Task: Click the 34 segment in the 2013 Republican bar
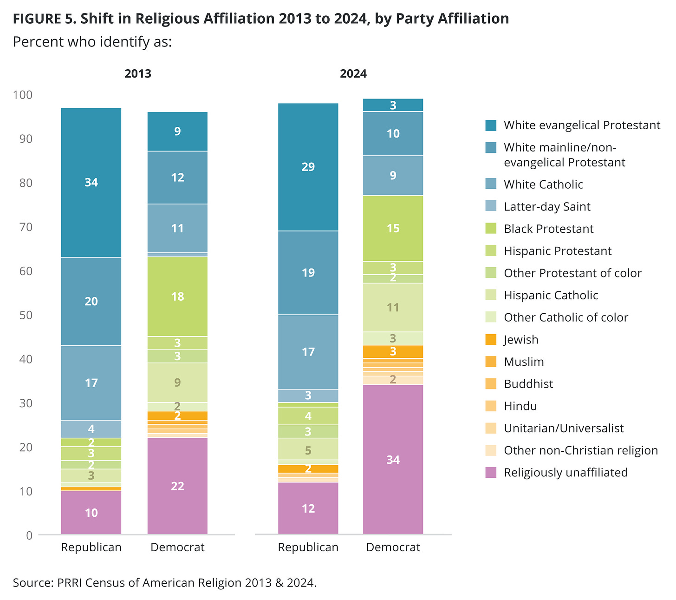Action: pyautogui.click(x=91, y=183)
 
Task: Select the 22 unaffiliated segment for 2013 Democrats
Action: pyautogui.click(x=177, y=486)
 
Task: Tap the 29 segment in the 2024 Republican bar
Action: pyautogui.click(x=308, y=167)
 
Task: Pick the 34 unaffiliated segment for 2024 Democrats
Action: pyautogui.click(x=393, y=460)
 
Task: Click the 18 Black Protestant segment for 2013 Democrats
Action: pyautogui.click(x=177, y=297)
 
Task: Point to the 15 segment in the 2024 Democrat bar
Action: pyautogui.click(x=393, y=228)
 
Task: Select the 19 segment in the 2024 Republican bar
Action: pyautogui.click(x=308, y=273)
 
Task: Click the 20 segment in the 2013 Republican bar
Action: pyautogui.click(x=91, y=301)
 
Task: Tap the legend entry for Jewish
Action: pyautogui.click(x=521, y=340)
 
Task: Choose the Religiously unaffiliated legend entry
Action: pyautogui.click(x=565, y=473)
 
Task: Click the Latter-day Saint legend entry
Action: pyautogui.click(x=547, y=207)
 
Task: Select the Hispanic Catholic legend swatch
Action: pyautogui.click(x=491, y=296)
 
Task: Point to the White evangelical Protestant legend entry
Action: pyautogui.click(x=582, y=125)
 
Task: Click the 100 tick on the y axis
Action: pyautogui.click(x=23, y=95)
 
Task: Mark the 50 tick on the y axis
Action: pyautogui.click(x=26, y=315)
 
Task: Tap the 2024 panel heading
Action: pyautogui.click(x=353, y=74)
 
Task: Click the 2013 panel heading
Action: pyautogui.click(x=138, y=74)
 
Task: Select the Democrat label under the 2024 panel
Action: pyautogui.click(x=393, y=547)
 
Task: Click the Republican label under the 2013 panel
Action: pyautogui.click(x=91, y=547)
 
